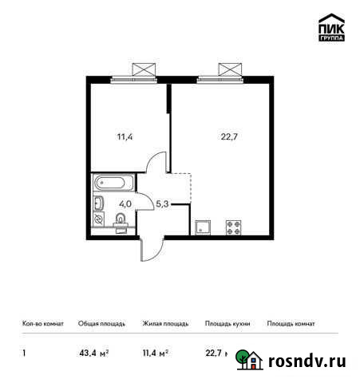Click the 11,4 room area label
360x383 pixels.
[125, 136]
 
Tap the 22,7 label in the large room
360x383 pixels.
[229, 136]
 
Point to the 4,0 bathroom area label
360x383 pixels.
[125, 204]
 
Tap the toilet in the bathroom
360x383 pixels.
[121, 225]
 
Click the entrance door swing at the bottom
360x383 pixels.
[148, 247]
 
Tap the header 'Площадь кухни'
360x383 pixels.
[227, 324]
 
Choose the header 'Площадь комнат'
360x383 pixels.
[291, 324]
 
